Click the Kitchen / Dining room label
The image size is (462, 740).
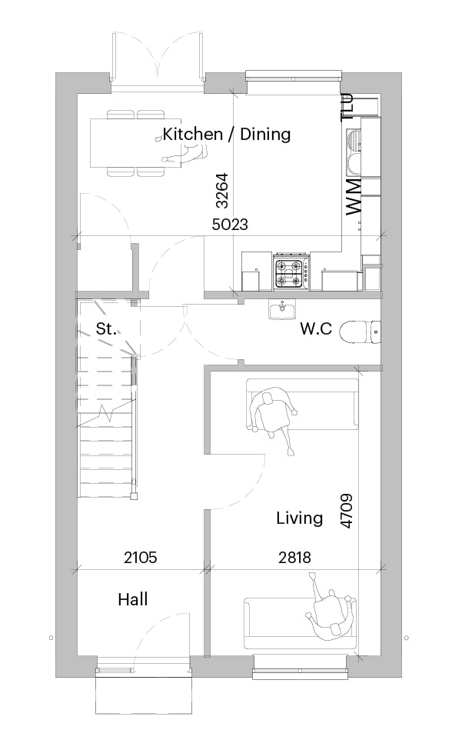click(x=226, y=134)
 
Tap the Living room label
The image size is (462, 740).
click(x=299, y=518)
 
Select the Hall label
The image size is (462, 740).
click(x=133, y=599)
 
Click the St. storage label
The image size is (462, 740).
click(x=106, y=328)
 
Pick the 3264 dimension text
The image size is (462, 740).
click(x=221, y=191)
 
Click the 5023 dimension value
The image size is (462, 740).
click(x=230, y=224)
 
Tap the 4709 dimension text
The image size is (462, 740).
click(x=346, y=511)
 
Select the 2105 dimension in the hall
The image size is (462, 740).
click(x=141, y=558)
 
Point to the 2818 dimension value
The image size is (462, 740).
click(x=294, y=558)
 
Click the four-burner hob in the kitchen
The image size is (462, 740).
click(x=291, y=273)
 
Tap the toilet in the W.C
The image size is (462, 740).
click(x=361, y=332)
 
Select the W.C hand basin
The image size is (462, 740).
click(x=282, y=309)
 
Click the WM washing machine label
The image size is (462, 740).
click(x=354, y=197)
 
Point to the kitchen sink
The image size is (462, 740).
click(x=354, y=152)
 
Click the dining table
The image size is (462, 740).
click(x=136, y=142)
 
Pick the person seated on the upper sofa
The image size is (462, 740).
click(x=274, y=415)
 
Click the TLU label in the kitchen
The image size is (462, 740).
click(x=347, y=107)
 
